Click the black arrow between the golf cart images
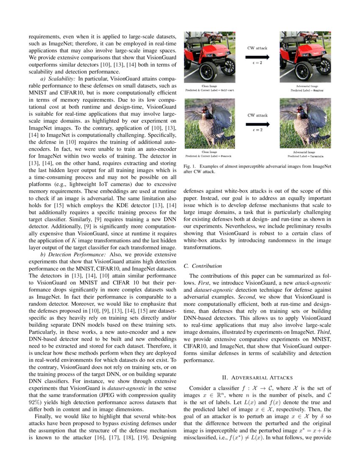tap(257, 56)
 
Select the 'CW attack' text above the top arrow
tap(257, 48)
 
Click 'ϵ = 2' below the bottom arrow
tap(257, 130)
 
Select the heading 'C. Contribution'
tap(202, 266)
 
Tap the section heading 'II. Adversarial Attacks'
tap(257, 377)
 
